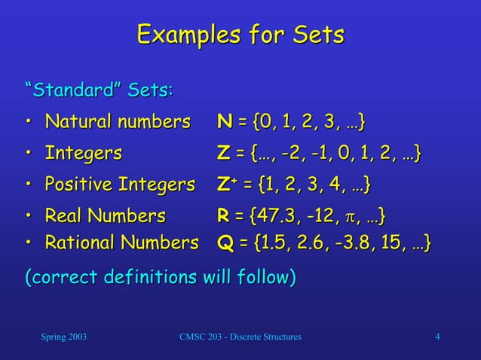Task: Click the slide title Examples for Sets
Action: tap(240, 35)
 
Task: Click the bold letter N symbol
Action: tap(224, 122)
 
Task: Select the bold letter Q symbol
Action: tap(224, 243)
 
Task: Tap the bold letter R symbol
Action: tap(223, 217)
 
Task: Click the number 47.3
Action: tap(274, 217)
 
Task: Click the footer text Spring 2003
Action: tap(63, 336)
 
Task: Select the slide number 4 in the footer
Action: tap(438, 336)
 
